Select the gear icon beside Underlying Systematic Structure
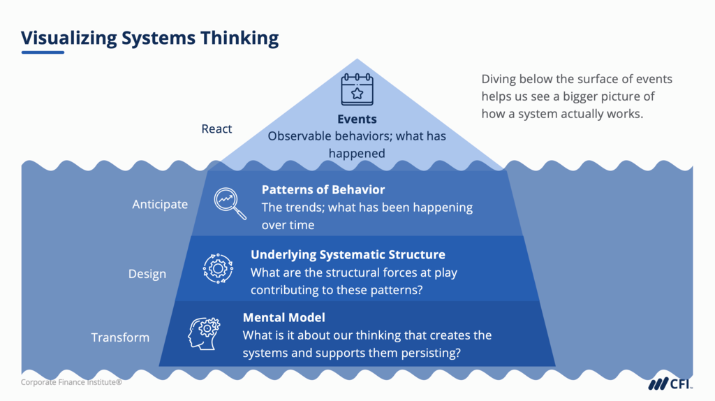point(218,267)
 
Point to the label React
point(216,129)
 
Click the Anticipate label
point(160,204)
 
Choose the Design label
point(147,274)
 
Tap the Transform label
point(120,337)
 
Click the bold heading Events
point(357,119)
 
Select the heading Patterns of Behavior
point(323,189)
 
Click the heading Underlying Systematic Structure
point(348,254)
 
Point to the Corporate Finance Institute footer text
point(71,382)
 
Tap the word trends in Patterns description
point(304,207)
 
